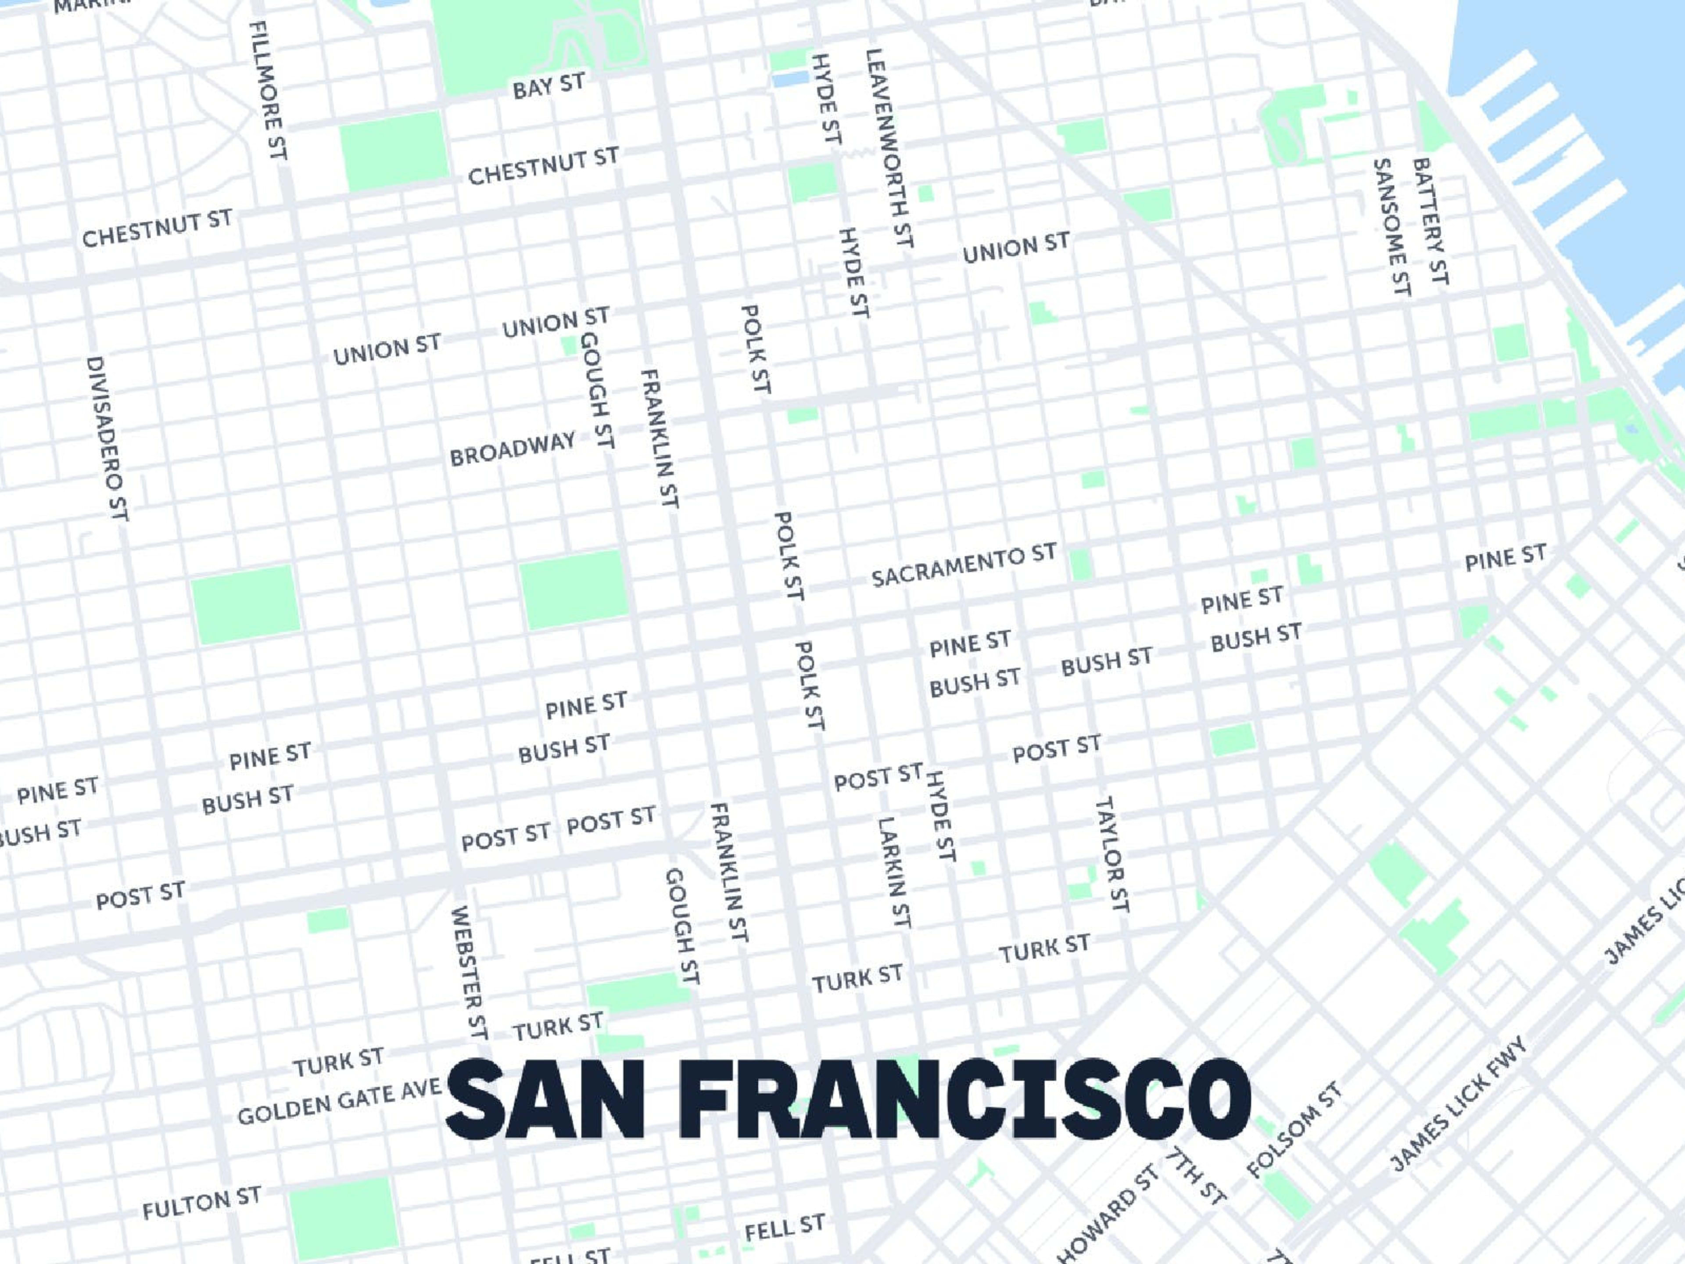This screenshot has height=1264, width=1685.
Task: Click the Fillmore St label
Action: click(268, 90)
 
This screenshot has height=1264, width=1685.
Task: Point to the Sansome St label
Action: click(1391, 227)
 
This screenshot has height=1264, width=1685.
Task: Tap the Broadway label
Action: click(512, 449)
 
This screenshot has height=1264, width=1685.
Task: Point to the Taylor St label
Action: click(1112, 854)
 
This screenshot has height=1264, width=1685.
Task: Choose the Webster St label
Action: click(469, 972)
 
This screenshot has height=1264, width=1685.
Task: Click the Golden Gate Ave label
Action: click(339, 1102)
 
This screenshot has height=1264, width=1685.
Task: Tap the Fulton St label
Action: click(202, 1202)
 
